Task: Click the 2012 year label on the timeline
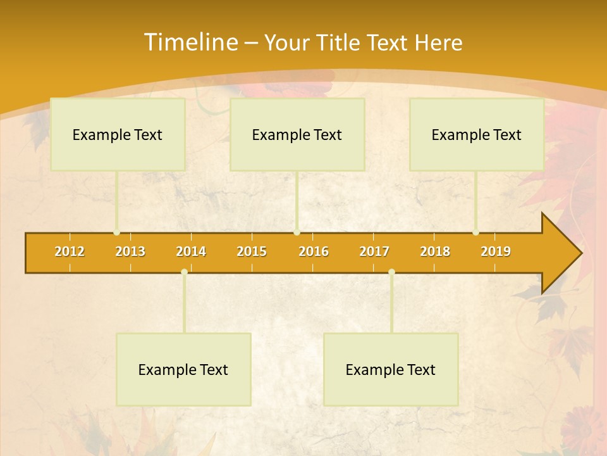[70, 251]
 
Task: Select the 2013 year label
[130, 251]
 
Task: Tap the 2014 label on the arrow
[191, 251]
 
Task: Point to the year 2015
[252, 251]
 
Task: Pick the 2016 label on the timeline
[314, 251]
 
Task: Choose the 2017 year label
[374, 251]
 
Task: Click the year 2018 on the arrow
[435, 251]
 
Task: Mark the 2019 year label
[496, 251]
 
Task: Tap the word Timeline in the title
[190, 42]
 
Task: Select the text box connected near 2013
[118, 134]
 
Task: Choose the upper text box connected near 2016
[297, 134]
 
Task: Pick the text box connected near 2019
[477, 134]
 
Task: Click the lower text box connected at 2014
[183, 369]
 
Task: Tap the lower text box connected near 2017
[391, 369]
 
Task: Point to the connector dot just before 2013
[117, 232]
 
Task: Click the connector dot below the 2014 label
[184, 272]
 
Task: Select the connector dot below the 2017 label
[391, 272]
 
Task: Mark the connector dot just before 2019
[476, 232]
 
